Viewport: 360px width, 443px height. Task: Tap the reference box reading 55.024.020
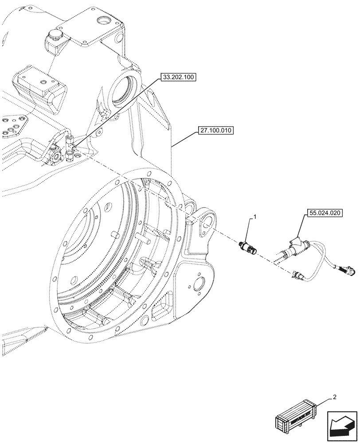[324, 214]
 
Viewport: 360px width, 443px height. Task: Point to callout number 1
[254, 217]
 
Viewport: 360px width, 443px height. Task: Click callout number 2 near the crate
[334, 397]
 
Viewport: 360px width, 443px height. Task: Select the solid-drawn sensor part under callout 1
[248, 246]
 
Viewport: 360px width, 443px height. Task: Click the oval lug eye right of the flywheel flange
[207, 219]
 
